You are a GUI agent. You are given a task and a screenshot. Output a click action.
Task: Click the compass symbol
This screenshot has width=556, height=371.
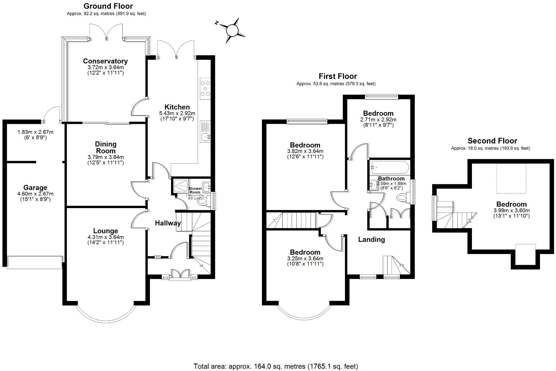(232, 30)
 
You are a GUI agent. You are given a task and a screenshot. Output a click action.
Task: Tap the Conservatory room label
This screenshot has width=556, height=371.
(105, 61)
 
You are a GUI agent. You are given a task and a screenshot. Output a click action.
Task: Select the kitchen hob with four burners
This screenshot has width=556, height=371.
(205, 88)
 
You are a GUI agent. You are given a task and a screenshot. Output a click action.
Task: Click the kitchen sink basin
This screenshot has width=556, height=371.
(205, 137)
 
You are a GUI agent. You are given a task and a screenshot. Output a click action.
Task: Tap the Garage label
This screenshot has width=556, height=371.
(35, 188)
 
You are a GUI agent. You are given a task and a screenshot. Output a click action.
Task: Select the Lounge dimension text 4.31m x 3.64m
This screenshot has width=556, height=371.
(106, 237)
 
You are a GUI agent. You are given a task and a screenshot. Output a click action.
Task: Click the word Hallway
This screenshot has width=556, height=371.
(168, 223)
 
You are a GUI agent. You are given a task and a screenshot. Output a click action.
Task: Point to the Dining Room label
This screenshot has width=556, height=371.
(106, 147)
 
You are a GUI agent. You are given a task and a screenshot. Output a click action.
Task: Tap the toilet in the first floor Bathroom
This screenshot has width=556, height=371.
(403, 197)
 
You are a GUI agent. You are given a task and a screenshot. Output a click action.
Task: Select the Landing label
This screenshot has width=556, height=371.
(371, 240)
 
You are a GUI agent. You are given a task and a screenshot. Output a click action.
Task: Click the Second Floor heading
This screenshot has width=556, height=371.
(492, 141)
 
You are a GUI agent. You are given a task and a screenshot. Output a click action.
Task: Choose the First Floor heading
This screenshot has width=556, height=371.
(338, 76)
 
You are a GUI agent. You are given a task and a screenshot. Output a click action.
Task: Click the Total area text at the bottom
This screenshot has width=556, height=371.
(276, 366)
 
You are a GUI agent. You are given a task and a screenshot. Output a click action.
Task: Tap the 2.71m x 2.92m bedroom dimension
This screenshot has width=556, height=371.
(378, 119)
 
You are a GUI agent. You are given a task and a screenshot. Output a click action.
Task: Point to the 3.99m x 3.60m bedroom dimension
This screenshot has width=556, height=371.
(511, 210)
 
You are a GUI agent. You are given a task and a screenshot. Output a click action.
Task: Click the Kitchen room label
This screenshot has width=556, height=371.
(177, 107)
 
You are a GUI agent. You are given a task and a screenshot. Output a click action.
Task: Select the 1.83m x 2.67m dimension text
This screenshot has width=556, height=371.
(35, 132)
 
